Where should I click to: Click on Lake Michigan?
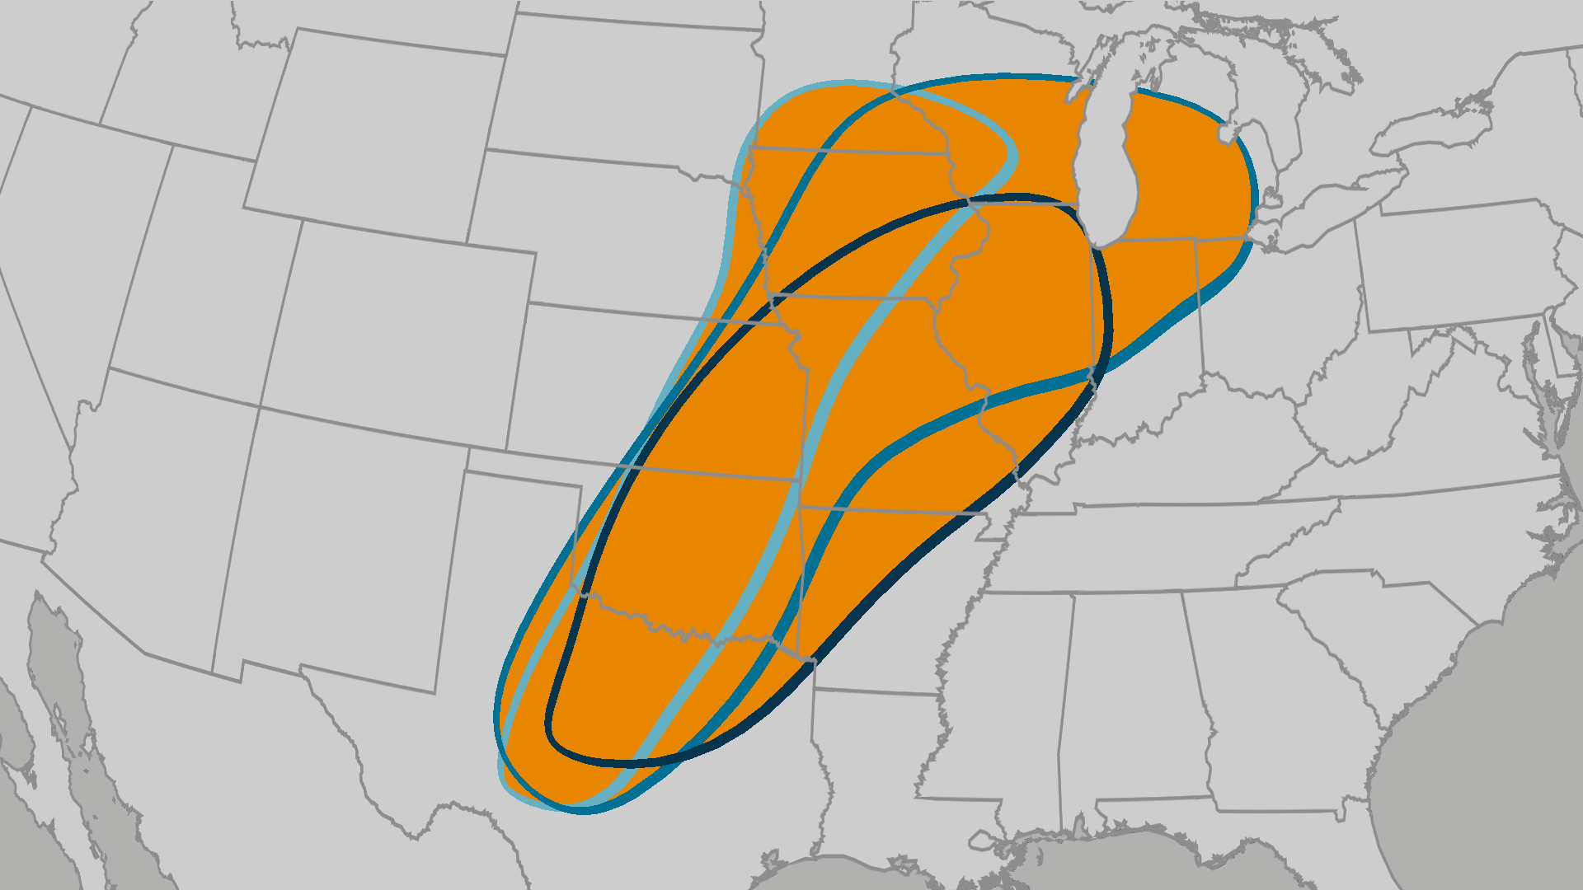tap(1109, 165)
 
